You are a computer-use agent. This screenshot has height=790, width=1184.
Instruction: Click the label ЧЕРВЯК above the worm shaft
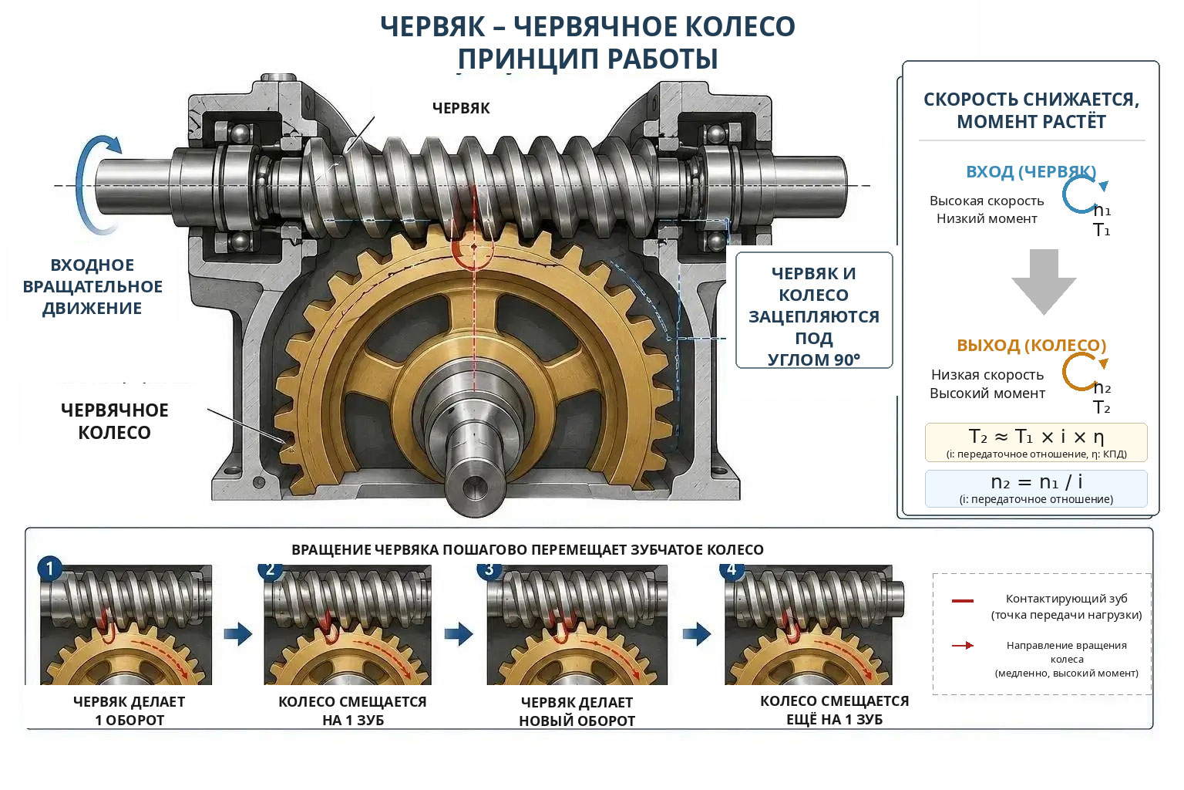click(x=461, y=109)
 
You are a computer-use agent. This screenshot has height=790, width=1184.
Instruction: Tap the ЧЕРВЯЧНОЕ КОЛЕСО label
click(x=115, y=421)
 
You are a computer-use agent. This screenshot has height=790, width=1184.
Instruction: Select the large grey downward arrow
click(x=1044, y=282)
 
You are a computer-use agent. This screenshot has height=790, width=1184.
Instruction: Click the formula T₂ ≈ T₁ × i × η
click(x=1036, y=437)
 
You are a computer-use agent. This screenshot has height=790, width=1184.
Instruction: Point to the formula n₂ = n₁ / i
click(x=1036, y=482)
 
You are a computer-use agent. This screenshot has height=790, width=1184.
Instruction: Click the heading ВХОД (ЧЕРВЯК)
click(x=1031, y=172)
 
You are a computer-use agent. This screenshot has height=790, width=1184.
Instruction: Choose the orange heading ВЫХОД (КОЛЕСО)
click(x=1031, y=346)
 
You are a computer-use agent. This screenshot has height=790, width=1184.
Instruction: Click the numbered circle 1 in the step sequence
click(x=50, y=569)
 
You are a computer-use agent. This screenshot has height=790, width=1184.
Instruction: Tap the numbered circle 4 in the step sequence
click(x=732, y=569)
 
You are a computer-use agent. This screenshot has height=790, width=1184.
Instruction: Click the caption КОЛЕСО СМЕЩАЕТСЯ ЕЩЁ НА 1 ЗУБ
click(x=834, y=710)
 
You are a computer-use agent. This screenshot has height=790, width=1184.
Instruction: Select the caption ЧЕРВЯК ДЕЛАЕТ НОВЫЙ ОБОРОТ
click(x=577, y=711)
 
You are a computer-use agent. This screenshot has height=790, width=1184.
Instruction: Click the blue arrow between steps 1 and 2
click(x=238, y=634)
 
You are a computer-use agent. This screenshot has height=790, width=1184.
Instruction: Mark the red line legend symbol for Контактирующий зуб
click(x=963, y=601)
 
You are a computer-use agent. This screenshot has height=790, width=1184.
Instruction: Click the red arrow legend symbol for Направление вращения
click(x=963, y=646)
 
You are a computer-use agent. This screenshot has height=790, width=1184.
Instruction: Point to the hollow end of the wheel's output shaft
click(x=475, y=485)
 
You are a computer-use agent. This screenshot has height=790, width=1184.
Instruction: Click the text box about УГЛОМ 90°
click(x=814, y=311)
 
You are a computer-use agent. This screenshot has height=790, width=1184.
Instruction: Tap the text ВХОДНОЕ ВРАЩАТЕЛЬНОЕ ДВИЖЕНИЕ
click(x=92, y=286)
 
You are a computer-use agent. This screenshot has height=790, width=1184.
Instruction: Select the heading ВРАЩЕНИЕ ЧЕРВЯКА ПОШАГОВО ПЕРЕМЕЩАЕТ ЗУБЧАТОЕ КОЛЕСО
click(x=527, y=550)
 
